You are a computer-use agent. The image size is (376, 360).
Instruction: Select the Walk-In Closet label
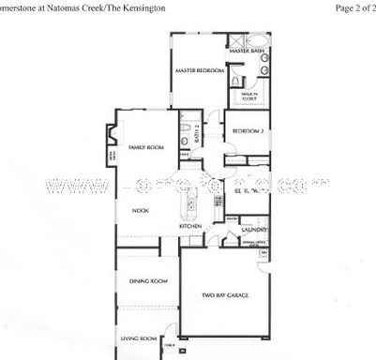click(249, 96)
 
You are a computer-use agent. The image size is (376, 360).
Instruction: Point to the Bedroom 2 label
click(247, 130)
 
